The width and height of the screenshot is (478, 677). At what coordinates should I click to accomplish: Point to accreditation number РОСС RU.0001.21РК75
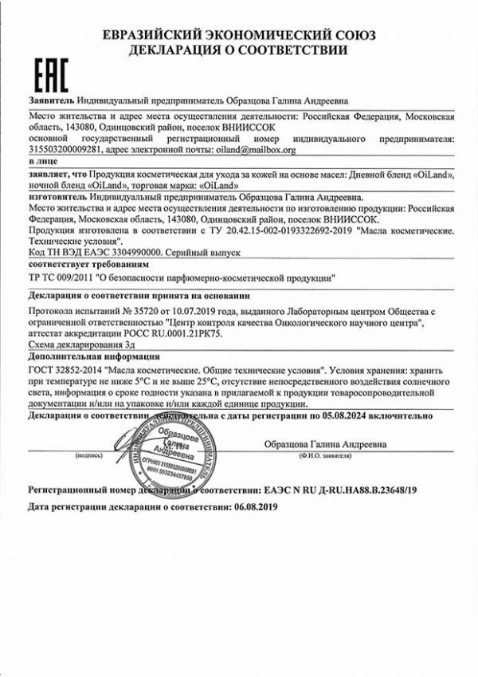pyautogui.click(x=167, y=333)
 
